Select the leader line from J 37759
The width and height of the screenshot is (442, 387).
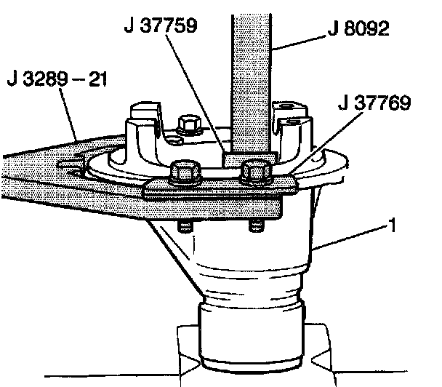[x=192, y=95]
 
